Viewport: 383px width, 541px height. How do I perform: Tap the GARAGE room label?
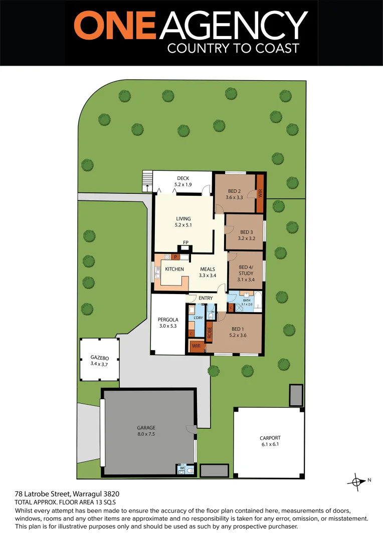tap(146, 427)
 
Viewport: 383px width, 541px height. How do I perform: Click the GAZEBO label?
tap(100, 358)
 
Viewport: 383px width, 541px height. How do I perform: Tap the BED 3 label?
tap(247, 232)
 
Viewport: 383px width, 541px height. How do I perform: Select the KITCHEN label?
tap(174, 269)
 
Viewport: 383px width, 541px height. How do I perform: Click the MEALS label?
tap(208, 269)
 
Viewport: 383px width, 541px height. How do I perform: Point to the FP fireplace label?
tap(185, 243)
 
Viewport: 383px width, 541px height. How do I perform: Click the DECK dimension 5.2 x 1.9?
tap(182, 184)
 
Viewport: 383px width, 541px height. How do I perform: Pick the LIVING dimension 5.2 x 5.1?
tap(183, 225)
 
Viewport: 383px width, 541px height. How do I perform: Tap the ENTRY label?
tap(206, 298)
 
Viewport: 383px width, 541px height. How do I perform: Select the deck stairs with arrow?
tap(146, 181)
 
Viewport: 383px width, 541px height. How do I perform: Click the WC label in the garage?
tap(183, 468)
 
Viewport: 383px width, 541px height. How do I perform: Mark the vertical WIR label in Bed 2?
tap(260, 192)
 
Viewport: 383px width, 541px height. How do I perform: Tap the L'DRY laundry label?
tap(198, 318)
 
